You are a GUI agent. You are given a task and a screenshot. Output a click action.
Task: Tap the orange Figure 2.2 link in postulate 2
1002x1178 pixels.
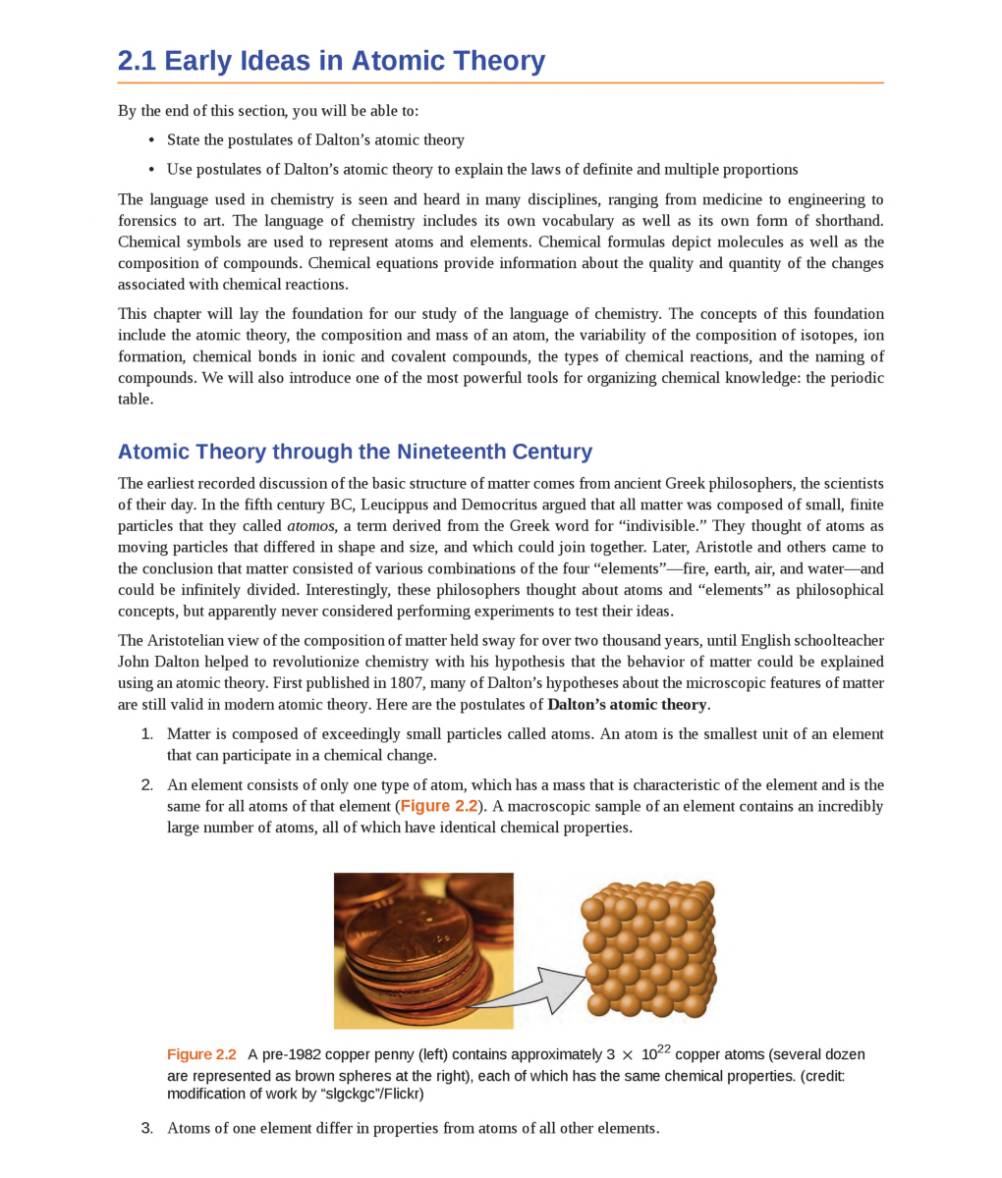tap(438, 806)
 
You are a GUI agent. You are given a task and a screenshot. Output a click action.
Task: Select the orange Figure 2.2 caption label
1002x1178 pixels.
tap(201, 1054)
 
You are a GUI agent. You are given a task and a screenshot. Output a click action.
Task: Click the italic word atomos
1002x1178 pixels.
tap(310, 526)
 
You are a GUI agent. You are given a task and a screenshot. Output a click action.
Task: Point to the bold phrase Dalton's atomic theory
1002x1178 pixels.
tap(627, 705)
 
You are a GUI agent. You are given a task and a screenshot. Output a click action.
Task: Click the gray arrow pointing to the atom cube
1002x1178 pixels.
tap(535, 991)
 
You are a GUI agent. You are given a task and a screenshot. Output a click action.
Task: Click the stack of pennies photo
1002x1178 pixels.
tap(423, 950)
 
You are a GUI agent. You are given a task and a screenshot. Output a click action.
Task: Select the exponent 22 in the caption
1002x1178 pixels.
tap(664, 1048)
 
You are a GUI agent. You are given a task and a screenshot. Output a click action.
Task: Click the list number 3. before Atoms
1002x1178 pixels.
tap(147, 1128)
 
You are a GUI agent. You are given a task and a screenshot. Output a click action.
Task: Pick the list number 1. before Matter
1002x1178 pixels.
tap(147, 734)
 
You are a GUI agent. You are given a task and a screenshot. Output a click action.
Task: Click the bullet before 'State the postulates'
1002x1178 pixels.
tap(151, 140)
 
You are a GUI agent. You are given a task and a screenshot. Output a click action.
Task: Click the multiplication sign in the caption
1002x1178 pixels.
tap(627, 1055)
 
